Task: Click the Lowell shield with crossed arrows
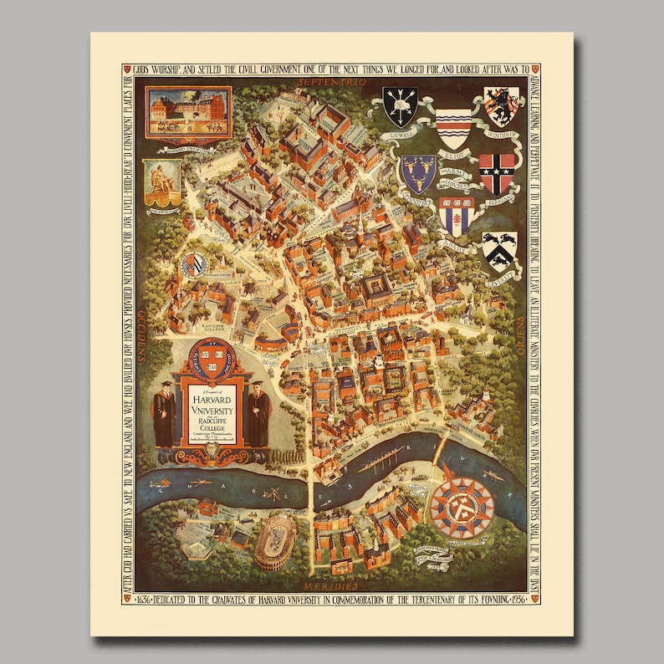point(399,107)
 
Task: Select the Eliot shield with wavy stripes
point(453,127)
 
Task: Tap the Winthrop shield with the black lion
point(500,105)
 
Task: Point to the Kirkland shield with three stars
point(497,172)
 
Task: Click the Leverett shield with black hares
point(499,250)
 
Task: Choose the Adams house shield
point(457,216)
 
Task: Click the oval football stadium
point(275,540)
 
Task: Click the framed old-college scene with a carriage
point(189,111)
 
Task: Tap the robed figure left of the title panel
point(164,415)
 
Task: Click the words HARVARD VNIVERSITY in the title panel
point(211,399)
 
